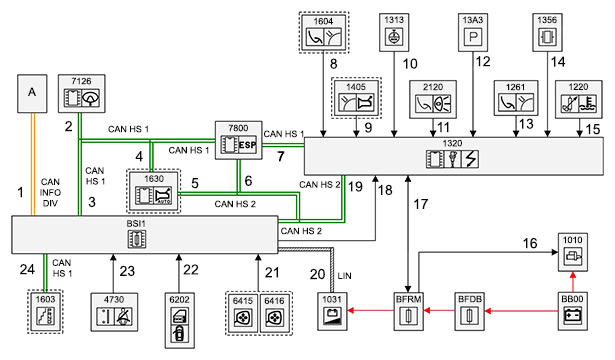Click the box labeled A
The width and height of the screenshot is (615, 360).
(32, 94)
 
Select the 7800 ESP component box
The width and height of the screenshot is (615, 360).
(238, 140)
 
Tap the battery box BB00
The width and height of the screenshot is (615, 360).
(573, 311)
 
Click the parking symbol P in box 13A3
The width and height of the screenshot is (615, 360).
(473, 37)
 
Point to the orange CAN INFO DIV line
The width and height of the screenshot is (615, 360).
(33, 164)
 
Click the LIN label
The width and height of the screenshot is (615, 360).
(344, 276)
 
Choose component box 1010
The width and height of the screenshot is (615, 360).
(573, 252)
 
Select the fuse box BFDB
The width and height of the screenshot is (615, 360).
(469, 311)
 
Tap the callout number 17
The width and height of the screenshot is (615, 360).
(420, 204)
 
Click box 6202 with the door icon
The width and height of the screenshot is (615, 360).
(179, 320)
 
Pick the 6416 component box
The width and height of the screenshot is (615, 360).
(275, 313)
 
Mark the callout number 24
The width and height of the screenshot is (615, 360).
(27, 269)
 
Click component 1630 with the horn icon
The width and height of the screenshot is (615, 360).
(154, 191)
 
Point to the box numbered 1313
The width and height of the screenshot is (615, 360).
(394, 33)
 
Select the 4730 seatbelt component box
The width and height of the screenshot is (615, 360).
(114, 312)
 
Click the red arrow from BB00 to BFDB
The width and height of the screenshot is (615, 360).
(521, 311)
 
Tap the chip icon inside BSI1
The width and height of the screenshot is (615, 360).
(137, 239)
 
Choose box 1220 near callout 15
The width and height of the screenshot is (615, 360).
(579, 100)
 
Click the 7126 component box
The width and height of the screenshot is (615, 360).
(82, 94)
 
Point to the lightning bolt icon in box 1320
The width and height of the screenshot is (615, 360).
(470, 159)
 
